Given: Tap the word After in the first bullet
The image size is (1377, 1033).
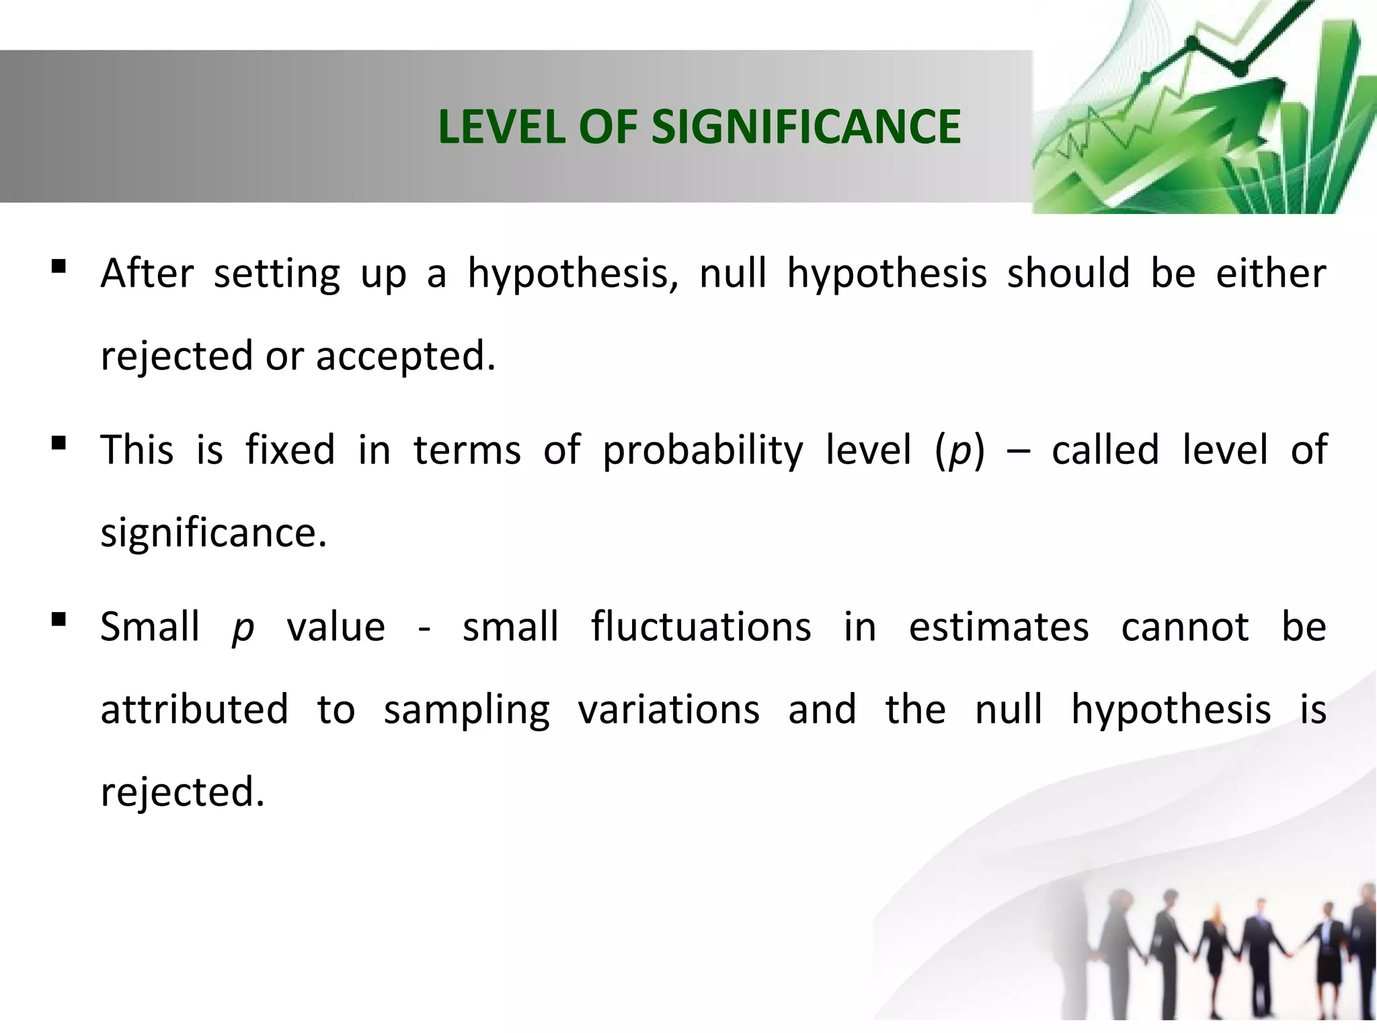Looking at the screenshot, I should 147,274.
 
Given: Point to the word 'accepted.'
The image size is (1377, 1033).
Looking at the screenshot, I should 405,356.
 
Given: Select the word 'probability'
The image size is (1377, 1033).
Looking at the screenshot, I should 702,451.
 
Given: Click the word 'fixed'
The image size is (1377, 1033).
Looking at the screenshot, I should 290,450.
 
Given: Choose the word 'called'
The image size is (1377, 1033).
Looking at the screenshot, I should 1105,450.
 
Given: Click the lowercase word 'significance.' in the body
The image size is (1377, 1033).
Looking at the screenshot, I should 213,533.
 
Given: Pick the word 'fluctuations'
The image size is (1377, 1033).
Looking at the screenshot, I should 701,627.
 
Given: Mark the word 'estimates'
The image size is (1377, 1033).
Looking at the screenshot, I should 998,627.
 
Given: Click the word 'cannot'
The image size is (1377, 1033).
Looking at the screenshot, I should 1185,627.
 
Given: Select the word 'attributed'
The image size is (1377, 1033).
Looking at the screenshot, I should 194,710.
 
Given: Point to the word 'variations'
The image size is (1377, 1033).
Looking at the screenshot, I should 669,710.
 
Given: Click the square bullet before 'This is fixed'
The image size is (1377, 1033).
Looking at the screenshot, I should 58,443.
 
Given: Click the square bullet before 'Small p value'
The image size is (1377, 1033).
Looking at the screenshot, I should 58,619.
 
